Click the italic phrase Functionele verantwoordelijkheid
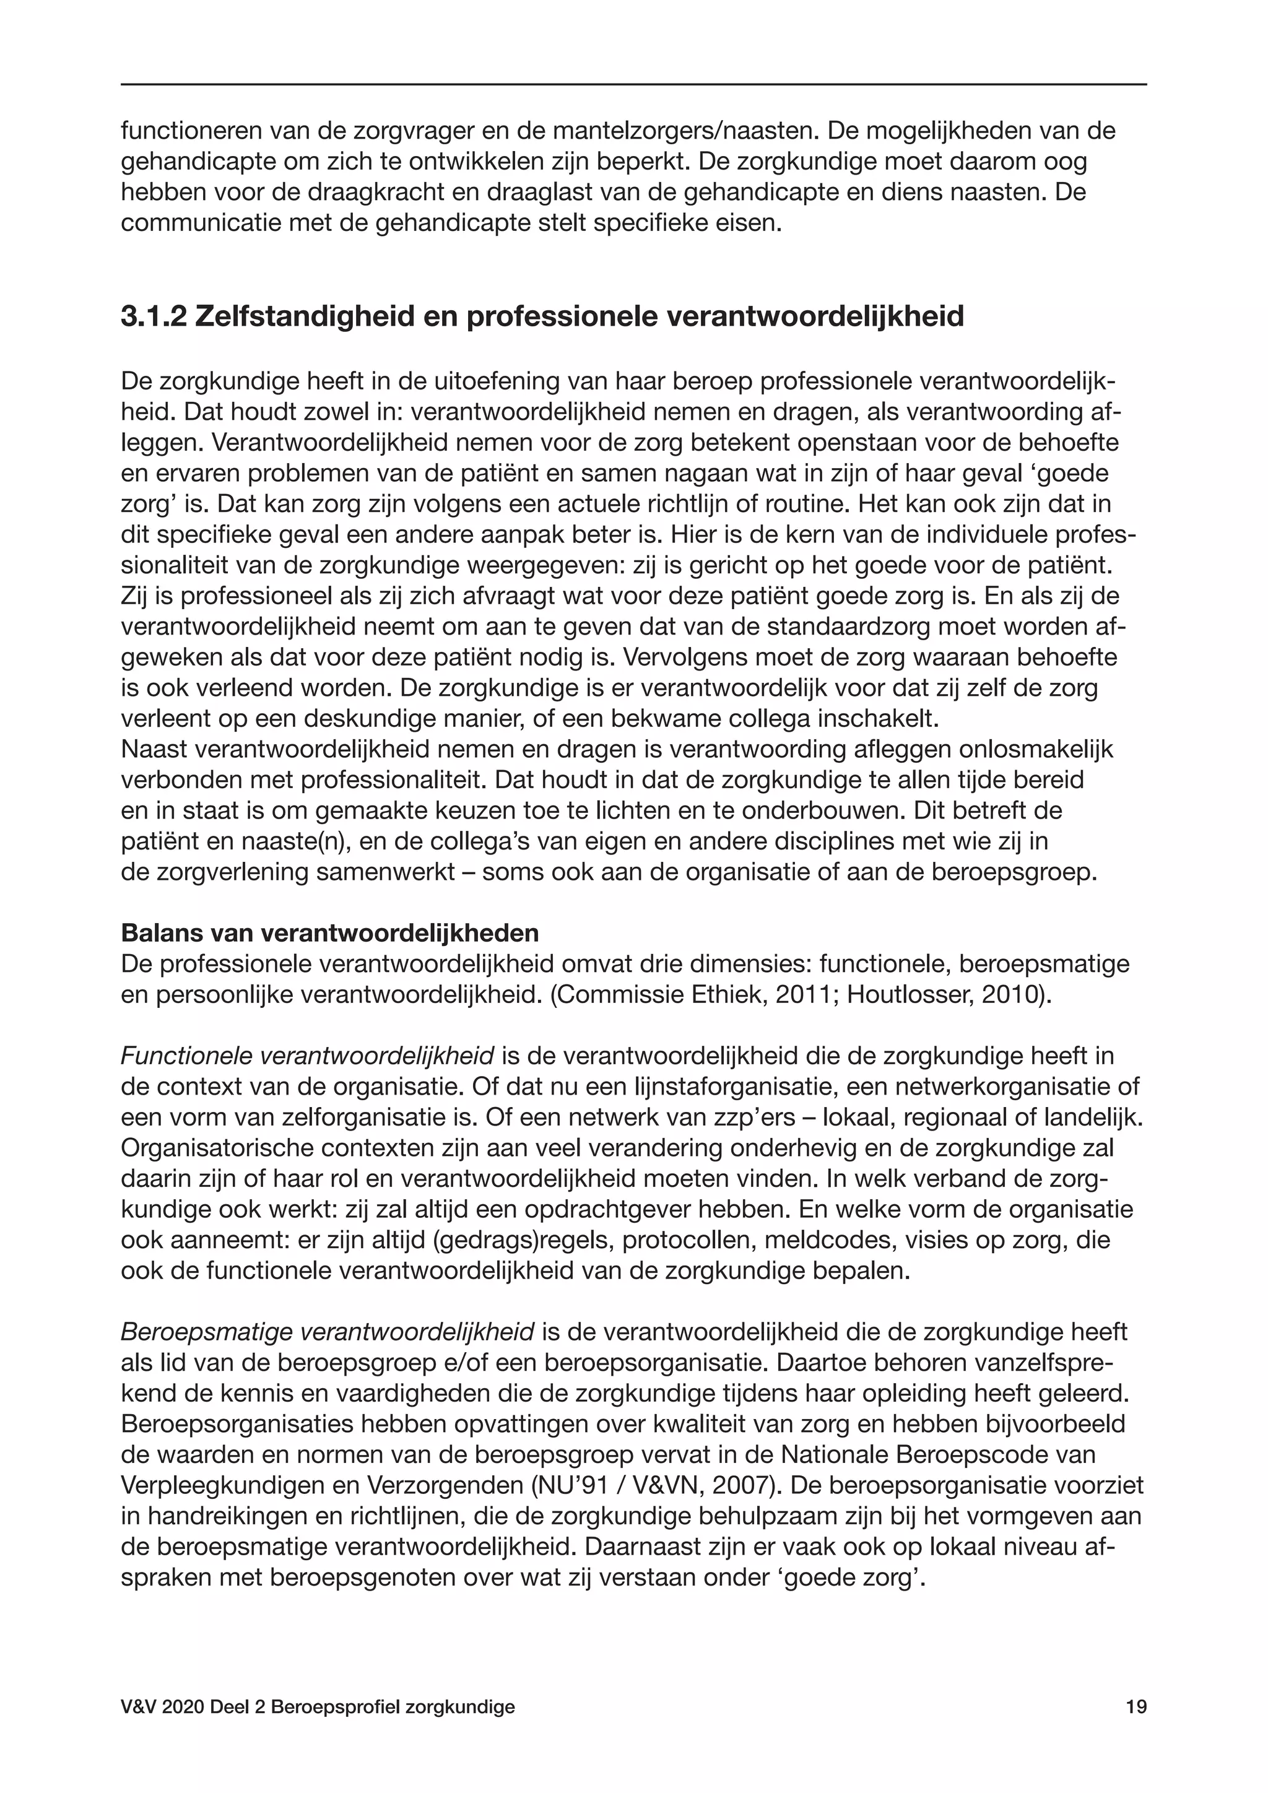(x=307, y=1057)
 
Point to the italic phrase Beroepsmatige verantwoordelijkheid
(x=327, y=1332)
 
